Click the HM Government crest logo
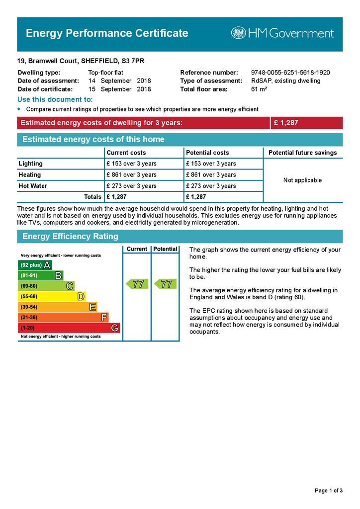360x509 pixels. (238, 33)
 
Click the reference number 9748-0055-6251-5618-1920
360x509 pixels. (290, 73)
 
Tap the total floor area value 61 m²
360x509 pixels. (259, 89)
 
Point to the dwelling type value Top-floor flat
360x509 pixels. (102, 73)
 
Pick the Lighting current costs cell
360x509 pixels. (131, 164)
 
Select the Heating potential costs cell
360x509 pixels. (211, 175)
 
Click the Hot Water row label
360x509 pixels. (33, 186)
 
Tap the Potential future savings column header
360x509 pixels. (302, 153)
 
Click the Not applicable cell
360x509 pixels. (302, 180)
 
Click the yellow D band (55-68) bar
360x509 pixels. (52, 296)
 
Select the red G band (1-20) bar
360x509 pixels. (69, 328)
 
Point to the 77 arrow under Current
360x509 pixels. (137, 284)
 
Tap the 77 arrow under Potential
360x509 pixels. (165, 284)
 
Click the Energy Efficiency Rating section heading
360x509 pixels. (70, 237)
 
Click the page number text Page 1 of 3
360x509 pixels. (329, 491)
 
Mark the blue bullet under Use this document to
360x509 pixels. (19, 108)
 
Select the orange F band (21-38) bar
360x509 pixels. (63, 317)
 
